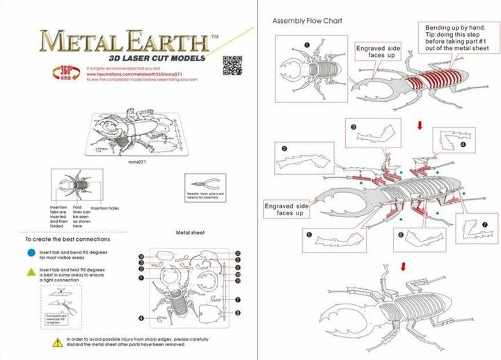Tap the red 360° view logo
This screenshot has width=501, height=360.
tap(64, 72)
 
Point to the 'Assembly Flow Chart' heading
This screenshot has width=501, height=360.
tap(307, 20)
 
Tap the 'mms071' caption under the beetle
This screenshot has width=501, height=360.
tap(136, 162)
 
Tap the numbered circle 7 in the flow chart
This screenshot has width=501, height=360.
tap(485, 224)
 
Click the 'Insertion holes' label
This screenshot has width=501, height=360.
tap(104, 208)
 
